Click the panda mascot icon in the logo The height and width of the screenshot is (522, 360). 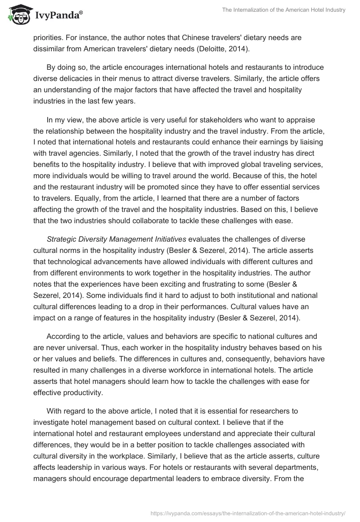18,15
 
